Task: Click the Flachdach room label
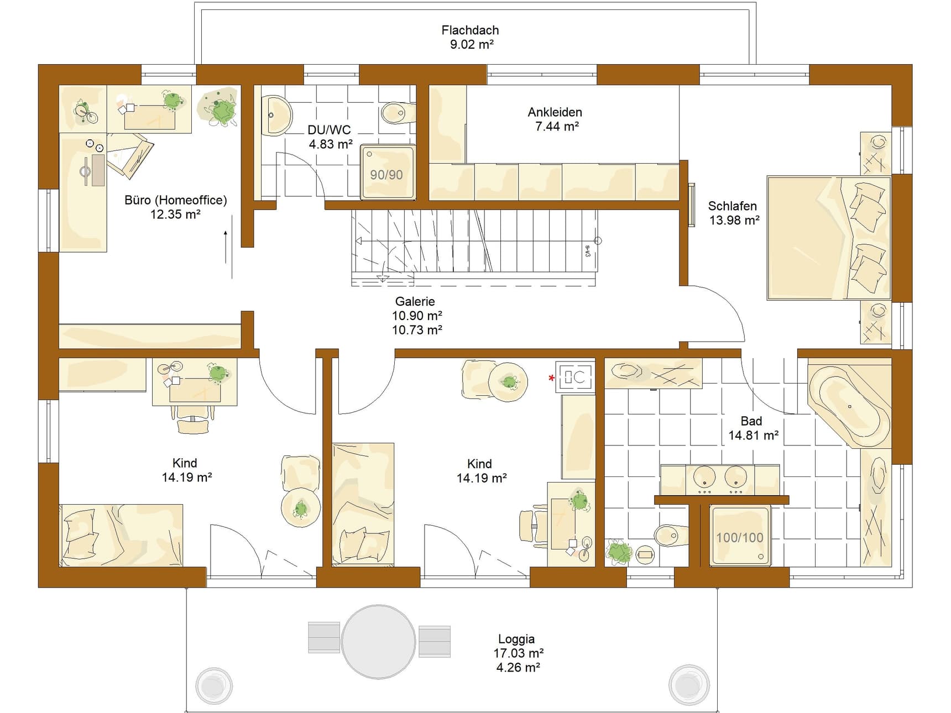pos(470,30)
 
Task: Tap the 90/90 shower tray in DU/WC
pos(387,172)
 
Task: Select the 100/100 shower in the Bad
pos(740,536)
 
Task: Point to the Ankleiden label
pos(555,112)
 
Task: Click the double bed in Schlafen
pos(828,238)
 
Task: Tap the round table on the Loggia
pos(378,641)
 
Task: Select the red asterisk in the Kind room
pos(551,378)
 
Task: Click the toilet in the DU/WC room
pos(398,113)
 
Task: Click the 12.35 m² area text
pos(175,214)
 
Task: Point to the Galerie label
pos(415,301)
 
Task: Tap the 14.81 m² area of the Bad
pos(753,436)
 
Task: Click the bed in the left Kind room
pos(121,534)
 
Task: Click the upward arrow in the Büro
pos(226,247)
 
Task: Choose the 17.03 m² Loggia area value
pos(518,653)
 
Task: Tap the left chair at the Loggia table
pos(324,637)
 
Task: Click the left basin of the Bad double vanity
pos(704,477)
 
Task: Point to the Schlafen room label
pos(732,206)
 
